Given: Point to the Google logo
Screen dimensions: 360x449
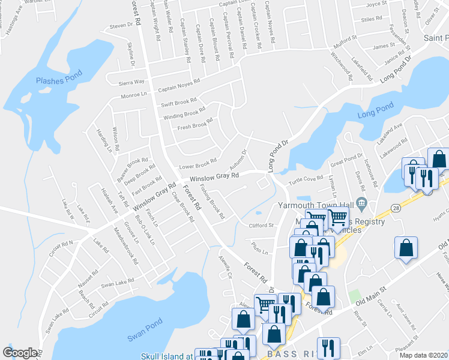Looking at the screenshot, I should (20, 353).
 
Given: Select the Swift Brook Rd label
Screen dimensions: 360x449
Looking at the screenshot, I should (178, 103).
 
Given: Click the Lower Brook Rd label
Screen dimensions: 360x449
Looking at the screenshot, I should (197, 163).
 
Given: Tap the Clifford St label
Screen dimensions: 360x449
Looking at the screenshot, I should (261, 226).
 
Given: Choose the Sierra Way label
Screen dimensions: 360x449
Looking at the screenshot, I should (131, 82).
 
